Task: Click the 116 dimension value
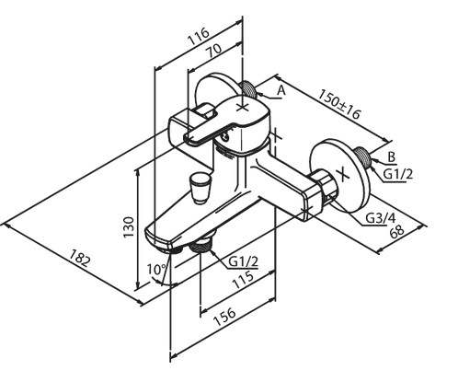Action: pos(199,37)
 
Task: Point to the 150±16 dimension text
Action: pos(338,104)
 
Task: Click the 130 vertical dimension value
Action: pos(129,226)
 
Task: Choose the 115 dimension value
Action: pos(244,280)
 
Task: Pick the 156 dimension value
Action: pos(224,317)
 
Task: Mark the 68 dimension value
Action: pos(397,230)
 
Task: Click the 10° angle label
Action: pos(156,270)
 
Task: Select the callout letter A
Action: pos(281,91)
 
